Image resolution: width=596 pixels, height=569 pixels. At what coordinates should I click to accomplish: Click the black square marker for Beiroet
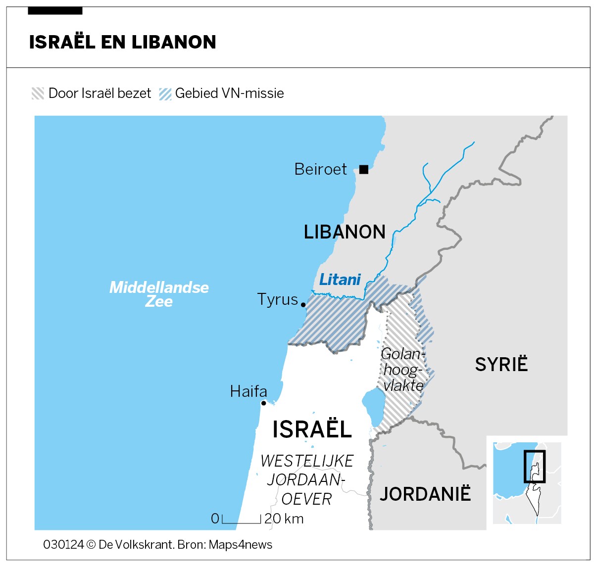364,170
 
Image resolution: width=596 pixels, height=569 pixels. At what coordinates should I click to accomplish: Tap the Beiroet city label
320,169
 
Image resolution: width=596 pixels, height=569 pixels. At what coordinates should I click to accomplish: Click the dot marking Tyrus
303,304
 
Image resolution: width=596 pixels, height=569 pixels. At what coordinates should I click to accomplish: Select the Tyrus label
277,299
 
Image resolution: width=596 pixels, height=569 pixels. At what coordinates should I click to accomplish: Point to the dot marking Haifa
263,403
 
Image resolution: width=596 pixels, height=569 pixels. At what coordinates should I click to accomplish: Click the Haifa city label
248,391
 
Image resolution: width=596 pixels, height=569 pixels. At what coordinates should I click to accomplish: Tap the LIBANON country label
345,232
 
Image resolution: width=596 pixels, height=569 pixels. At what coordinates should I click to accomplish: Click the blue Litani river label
340,280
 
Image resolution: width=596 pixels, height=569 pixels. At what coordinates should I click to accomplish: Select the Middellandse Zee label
159,294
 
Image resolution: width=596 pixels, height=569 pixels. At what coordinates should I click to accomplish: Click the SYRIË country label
501,365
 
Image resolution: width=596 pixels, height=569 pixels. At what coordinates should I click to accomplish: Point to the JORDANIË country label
425,494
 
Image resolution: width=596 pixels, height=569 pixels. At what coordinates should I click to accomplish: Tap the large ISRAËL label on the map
312,429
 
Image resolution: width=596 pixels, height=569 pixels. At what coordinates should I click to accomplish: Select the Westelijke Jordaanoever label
306,480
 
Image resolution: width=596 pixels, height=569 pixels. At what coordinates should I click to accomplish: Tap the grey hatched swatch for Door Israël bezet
38,94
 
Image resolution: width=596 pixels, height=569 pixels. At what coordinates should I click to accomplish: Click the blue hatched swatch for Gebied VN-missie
165,94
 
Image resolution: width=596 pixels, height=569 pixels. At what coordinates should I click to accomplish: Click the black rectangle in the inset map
535,466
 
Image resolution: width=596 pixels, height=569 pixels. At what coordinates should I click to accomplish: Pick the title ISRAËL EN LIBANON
122,42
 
